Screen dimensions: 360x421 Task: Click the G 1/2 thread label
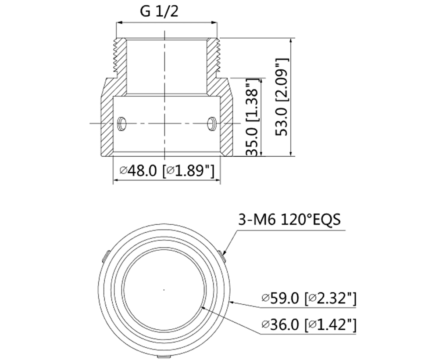[x=159, y=11]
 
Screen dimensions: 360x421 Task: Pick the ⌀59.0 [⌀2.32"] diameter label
[x=308, y=299]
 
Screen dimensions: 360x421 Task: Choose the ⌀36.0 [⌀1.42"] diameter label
[x=308, y=325]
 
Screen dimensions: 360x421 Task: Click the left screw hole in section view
[x=122, y=123]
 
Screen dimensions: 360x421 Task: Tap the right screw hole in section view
[x=211, y=123]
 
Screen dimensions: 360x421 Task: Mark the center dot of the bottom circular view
[x=164, y=289]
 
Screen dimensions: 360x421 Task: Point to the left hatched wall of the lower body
[x=107, y=119]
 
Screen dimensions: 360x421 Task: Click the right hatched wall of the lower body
[x=225, y=119]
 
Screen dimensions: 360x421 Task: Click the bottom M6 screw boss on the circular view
[x=164, y=357]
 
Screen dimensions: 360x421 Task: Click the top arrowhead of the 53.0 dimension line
[x=291, y=39]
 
